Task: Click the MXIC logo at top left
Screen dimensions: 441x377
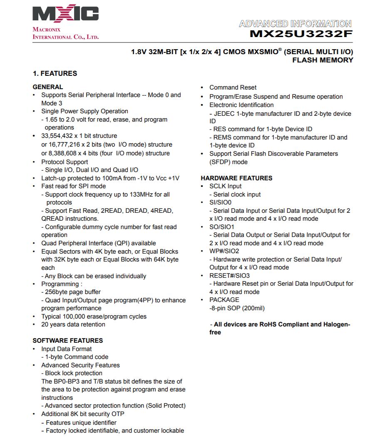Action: [66, 15]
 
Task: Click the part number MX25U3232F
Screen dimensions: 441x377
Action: [301, 34]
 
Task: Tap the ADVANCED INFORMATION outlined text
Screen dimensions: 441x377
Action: [295, 24]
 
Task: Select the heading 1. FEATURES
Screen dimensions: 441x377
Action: [55, 73]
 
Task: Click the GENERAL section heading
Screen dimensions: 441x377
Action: [48, 87]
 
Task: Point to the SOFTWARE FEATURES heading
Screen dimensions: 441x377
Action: [67, 340]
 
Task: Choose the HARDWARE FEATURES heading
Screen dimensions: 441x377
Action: [236, 178]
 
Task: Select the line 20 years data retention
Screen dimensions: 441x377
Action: [73, 324]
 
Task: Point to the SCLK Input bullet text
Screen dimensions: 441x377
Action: [226, 186]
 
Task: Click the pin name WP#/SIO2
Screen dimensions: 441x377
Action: [224, 251]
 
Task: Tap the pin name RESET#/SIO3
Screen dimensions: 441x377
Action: [229, 276]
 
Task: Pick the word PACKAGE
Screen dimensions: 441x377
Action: [224, 300]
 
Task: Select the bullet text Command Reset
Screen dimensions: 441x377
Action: [233, 87]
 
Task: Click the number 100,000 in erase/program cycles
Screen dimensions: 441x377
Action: [77, 316]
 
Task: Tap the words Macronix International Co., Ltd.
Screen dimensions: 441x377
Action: [66, 33]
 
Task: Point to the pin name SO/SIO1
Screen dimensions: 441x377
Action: [222, 227]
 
